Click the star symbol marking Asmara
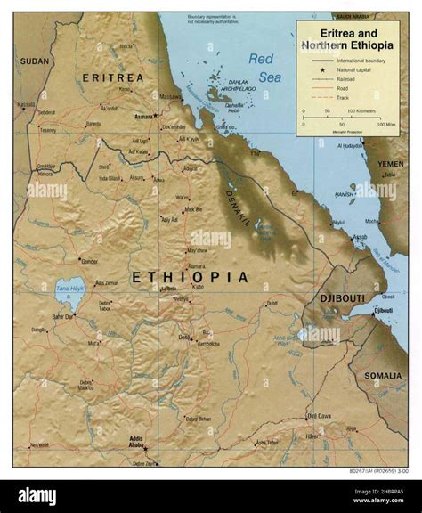point(155,116)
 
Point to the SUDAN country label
point(35,61)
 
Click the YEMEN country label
point(390,164)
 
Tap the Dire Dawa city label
point(319,415)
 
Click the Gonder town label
point(89,262)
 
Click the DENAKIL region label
point(239,192)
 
